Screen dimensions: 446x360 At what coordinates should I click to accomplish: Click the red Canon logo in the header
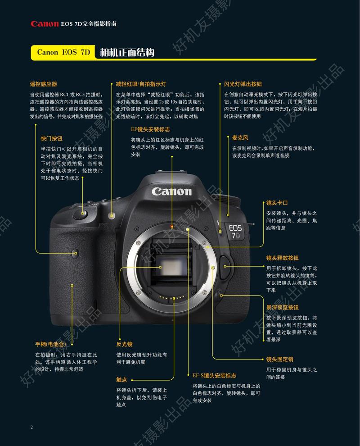(45, 24)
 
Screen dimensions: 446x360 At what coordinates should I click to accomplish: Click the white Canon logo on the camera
(171, 191)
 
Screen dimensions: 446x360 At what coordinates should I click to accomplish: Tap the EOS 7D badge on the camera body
(235, 232)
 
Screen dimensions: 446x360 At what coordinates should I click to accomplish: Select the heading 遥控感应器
(43, 84)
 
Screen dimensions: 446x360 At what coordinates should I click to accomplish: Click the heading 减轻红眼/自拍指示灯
(141, 84)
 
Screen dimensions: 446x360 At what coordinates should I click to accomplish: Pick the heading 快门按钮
(51, 138)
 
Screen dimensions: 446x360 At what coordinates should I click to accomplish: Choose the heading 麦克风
(240, 138)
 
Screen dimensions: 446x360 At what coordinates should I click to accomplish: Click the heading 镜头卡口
(277, 203)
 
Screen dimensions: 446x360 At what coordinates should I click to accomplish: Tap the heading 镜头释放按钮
(283, 258)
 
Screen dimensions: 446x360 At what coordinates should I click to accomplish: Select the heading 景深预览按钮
(283, 307)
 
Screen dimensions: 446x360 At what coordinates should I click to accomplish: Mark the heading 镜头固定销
(279, 359)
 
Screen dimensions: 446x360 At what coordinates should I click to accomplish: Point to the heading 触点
(121, 380)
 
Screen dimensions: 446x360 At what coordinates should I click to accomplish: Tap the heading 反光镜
(124, 344)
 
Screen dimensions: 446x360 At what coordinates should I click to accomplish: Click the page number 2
(31, 427)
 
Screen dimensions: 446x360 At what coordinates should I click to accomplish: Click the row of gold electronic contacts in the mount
(174, 298)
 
